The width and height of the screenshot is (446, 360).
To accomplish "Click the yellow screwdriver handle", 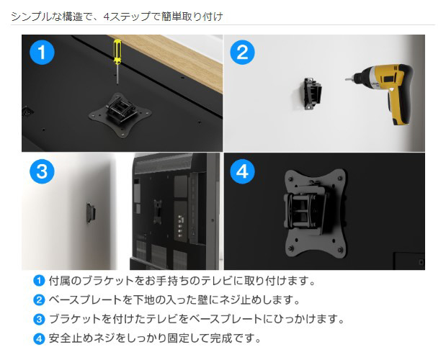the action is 117,52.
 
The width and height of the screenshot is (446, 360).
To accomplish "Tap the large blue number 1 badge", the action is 42,53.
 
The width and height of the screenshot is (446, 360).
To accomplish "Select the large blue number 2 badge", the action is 242,53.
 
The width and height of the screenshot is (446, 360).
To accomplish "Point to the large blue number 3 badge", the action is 42,171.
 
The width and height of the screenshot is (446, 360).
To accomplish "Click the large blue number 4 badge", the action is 242,171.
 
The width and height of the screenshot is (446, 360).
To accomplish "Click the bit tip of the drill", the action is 346,79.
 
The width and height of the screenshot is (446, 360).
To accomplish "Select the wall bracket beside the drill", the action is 313,94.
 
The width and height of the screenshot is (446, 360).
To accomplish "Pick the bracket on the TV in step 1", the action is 120,115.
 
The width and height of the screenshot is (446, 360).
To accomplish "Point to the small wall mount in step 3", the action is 91,212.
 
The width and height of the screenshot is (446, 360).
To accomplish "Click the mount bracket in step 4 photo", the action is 315,212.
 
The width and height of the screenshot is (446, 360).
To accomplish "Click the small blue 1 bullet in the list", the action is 39,281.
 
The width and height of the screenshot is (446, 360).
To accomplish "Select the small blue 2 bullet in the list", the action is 39,300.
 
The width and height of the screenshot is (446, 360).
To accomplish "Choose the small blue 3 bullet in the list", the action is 39,319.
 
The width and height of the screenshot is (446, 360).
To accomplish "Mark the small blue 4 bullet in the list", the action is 39,338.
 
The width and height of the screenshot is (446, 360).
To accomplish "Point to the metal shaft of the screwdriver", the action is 117,75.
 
